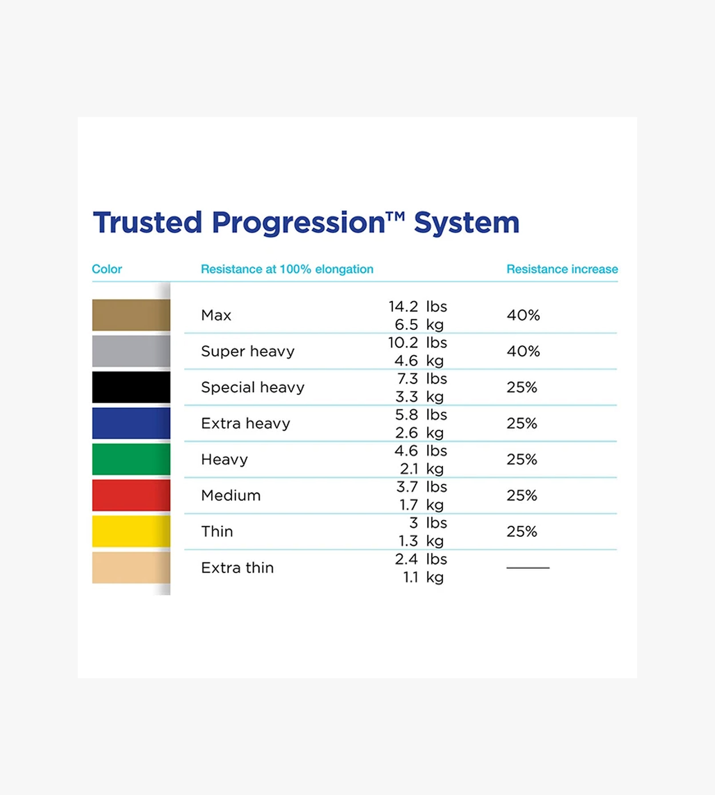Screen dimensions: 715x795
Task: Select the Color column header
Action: [x=107, y=269]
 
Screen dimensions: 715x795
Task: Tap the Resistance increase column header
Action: [x=562, y=269]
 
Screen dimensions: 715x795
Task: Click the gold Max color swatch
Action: [x=131, y=315]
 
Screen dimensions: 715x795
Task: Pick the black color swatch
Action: [x=131, y=387]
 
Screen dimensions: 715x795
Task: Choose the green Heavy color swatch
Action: [x=131, y=459]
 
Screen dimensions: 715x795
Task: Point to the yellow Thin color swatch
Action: [x=131, y=531]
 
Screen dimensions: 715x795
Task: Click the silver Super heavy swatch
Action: [x=131, y=351]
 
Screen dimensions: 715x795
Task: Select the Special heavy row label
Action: [x=253, y=387]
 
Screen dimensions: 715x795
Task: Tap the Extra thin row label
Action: [x=237, y=568]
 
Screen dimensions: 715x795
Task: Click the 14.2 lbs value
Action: [x=418, y=306]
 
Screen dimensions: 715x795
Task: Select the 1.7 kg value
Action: [x=422, y=505]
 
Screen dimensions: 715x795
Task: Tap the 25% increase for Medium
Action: [x=522, y=495]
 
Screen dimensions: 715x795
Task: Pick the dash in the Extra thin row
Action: [x=528, y=568]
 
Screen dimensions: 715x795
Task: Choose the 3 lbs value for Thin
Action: [x=428, y=523]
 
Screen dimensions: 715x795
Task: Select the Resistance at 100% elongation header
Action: [x=287, y=269]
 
